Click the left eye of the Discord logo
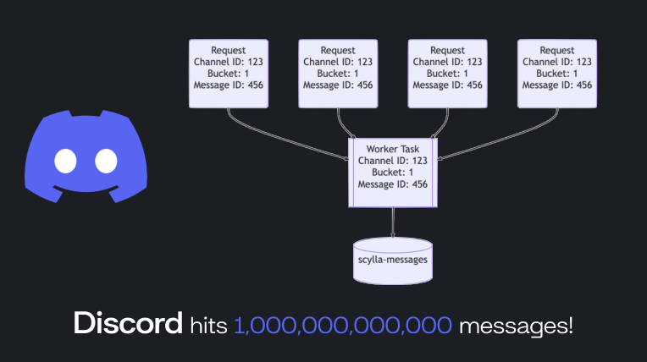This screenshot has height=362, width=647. click(x=65, y=160)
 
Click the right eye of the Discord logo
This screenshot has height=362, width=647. click(x=105, y=160)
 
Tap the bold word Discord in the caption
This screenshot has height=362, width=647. click(x=128, y=323)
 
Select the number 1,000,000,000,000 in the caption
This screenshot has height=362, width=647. click(x=343, y=324)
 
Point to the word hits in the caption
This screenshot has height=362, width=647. click(x=209, y=324)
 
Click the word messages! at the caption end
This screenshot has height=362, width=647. click(x=515, y=324)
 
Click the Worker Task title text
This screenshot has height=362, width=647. click(x=392, y=149)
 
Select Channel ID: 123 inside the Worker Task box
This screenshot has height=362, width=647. click(x=392, y=161)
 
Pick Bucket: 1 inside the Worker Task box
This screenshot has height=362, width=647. click(x=392, y=173)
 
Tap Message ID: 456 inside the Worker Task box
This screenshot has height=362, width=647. click(x=392, y=184)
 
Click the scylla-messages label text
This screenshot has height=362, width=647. click(x=392, y=260)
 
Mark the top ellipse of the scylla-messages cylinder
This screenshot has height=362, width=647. click(x=392, y=243)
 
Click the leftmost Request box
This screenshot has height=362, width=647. click(x=229, y=72)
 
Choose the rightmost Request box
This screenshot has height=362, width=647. click(x=556, y=72)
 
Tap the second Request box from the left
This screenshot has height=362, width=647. click(x=338, y=72)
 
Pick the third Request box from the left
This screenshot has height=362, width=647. click(x=447, y=72)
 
